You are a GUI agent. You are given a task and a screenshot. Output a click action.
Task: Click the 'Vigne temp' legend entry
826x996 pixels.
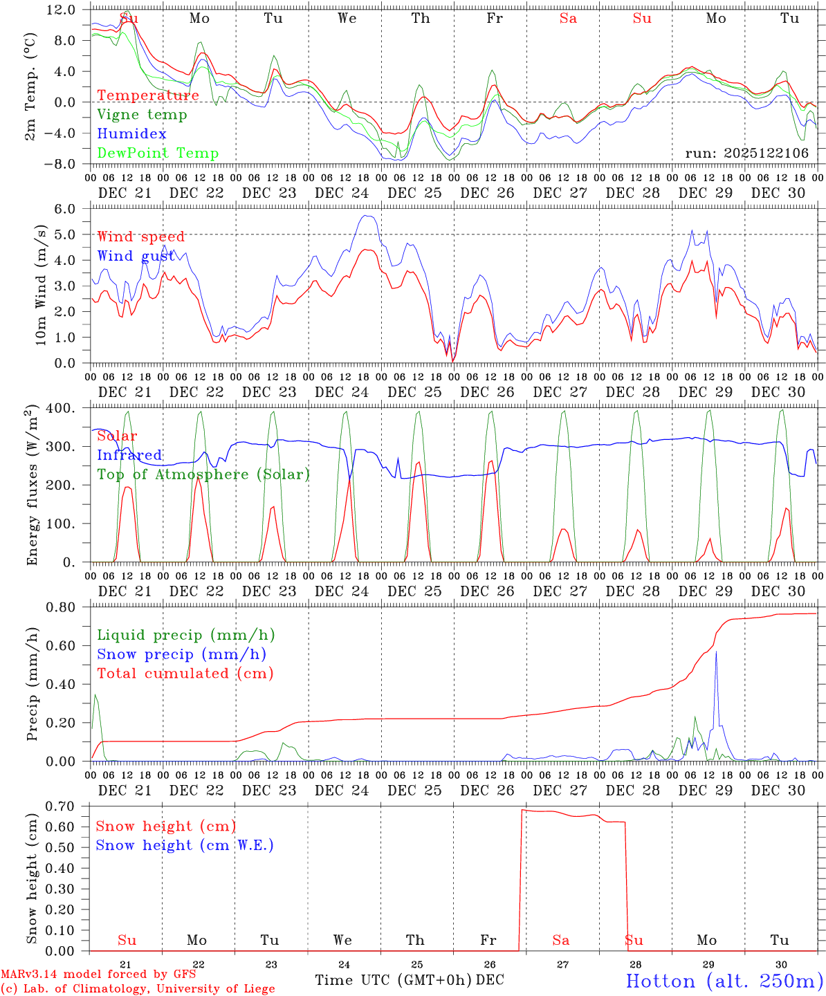[x=142, y=115]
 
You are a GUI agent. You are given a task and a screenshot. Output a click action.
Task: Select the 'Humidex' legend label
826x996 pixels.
[x=131, y=134]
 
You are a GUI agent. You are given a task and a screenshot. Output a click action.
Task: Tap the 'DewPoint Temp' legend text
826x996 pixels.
[x=158, y=154]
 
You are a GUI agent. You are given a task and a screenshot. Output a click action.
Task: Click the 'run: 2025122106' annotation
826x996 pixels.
[x=746, y=154]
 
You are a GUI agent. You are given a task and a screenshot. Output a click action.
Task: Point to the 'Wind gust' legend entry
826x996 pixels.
[x=136, y=256]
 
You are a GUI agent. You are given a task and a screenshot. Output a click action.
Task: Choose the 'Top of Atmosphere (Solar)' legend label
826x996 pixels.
[x=203, y=474]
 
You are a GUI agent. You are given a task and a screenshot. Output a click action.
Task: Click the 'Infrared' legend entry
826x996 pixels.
[x=129, y=455]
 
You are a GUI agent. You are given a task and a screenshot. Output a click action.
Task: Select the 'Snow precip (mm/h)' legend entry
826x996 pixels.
[x=181, y=654]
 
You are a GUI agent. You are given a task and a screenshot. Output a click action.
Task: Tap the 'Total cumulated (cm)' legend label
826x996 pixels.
[x=185, y=674]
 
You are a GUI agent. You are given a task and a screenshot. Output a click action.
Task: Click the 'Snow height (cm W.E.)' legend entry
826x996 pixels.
[x=184, y=845]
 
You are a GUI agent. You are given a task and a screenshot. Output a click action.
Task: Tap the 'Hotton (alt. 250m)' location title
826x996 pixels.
[x=724, y=981]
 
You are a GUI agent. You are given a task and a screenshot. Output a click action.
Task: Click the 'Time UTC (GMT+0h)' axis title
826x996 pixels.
[x=393, y=980]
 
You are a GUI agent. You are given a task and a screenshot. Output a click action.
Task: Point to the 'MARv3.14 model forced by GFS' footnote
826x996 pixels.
[x=98, y=975]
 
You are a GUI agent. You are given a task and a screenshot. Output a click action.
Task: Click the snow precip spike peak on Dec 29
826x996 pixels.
[x=716, y=652]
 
